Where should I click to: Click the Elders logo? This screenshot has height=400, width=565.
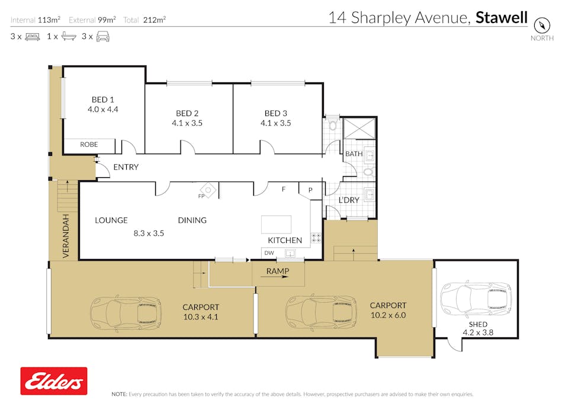(54, 381)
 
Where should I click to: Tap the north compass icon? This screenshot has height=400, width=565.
(542, 25)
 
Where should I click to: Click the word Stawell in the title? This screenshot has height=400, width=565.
(501, 17)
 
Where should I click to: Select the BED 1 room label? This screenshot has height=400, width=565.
(102, 100)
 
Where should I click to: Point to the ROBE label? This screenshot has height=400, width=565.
(89, 144)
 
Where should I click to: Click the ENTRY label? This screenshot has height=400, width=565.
(126, 167)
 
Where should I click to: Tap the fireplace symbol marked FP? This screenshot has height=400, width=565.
(208, 190)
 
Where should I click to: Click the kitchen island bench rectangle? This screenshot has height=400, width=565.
(277, 225)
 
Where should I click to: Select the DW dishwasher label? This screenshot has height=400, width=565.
(269, 253)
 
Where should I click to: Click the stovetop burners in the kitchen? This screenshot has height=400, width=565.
(316, 238)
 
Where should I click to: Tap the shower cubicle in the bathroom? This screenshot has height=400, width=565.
(359, 128)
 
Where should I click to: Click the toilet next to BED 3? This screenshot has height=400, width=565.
(332, 123)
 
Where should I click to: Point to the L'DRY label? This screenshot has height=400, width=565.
(349, 200)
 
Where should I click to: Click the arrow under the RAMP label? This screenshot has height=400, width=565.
(277, 277)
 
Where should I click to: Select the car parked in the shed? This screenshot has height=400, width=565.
(476, 299)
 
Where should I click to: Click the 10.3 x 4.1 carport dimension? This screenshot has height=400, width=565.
(201, 317)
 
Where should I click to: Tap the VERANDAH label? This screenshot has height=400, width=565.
(66, 236)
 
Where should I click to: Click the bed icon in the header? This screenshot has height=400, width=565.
(33, 36)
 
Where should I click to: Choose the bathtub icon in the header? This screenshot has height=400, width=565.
(69, 36)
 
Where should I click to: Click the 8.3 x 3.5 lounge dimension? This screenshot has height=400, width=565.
(149, 233)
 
